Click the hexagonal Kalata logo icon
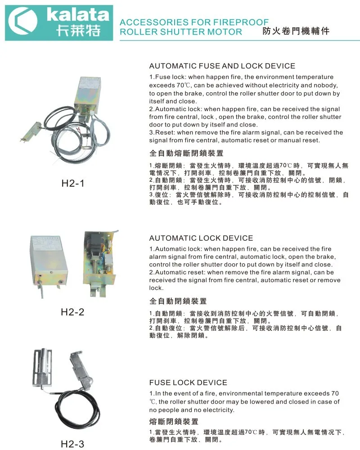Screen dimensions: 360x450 click(22, 21)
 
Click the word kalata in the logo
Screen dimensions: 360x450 click(78, 14)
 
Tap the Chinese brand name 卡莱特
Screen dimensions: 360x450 click(78, 30)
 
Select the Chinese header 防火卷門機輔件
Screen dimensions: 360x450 click(296, 31)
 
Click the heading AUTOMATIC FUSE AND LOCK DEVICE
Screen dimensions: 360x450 click(222, 66)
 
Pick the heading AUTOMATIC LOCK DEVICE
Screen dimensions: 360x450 click(201, 238)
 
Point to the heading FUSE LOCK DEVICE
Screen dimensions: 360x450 click(189, 382)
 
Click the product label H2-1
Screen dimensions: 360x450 click(73, 183)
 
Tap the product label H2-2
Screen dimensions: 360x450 click(72, 312)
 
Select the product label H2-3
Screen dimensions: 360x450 click(72, 444)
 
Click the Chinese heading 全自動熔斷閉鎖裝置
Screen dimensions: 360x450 click(186, 153)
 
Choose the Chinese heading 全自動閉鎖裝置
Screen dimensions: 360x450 click(178, 301)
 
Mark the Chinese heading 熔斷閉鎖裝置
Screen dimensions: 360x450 click(174, 422)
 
